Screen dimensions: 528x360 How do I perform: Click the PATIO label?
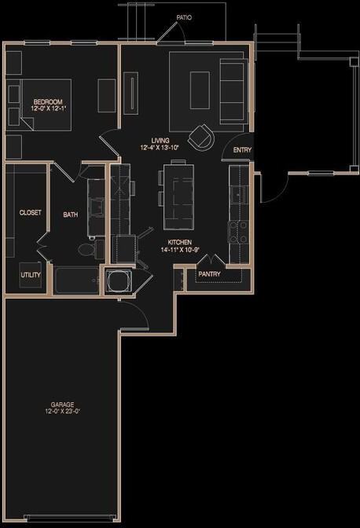[183, 16]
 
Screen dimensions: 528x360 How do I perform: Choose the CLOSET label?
[31, 212]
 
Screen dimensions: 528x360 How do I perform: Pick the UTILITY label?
[31, 274]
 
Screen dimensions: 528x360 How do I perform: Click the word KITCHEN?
[181, 243]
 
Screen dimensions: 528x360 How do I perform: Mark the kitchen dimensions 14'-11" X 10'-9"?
[181, 251]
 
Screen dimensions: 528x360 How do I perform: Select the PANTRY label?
[209, 274]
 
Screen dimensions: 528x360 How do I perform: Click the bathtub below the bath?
[76, 280]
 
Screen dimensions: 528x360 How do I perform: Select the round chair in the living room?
[203, 137]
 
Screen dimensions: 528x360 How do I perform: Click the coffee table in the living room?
[200, 84]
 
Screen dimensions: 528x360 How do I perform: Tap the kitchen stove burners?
[237, 230]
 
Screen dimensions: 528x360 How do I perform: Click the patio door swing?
[167, 33]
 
